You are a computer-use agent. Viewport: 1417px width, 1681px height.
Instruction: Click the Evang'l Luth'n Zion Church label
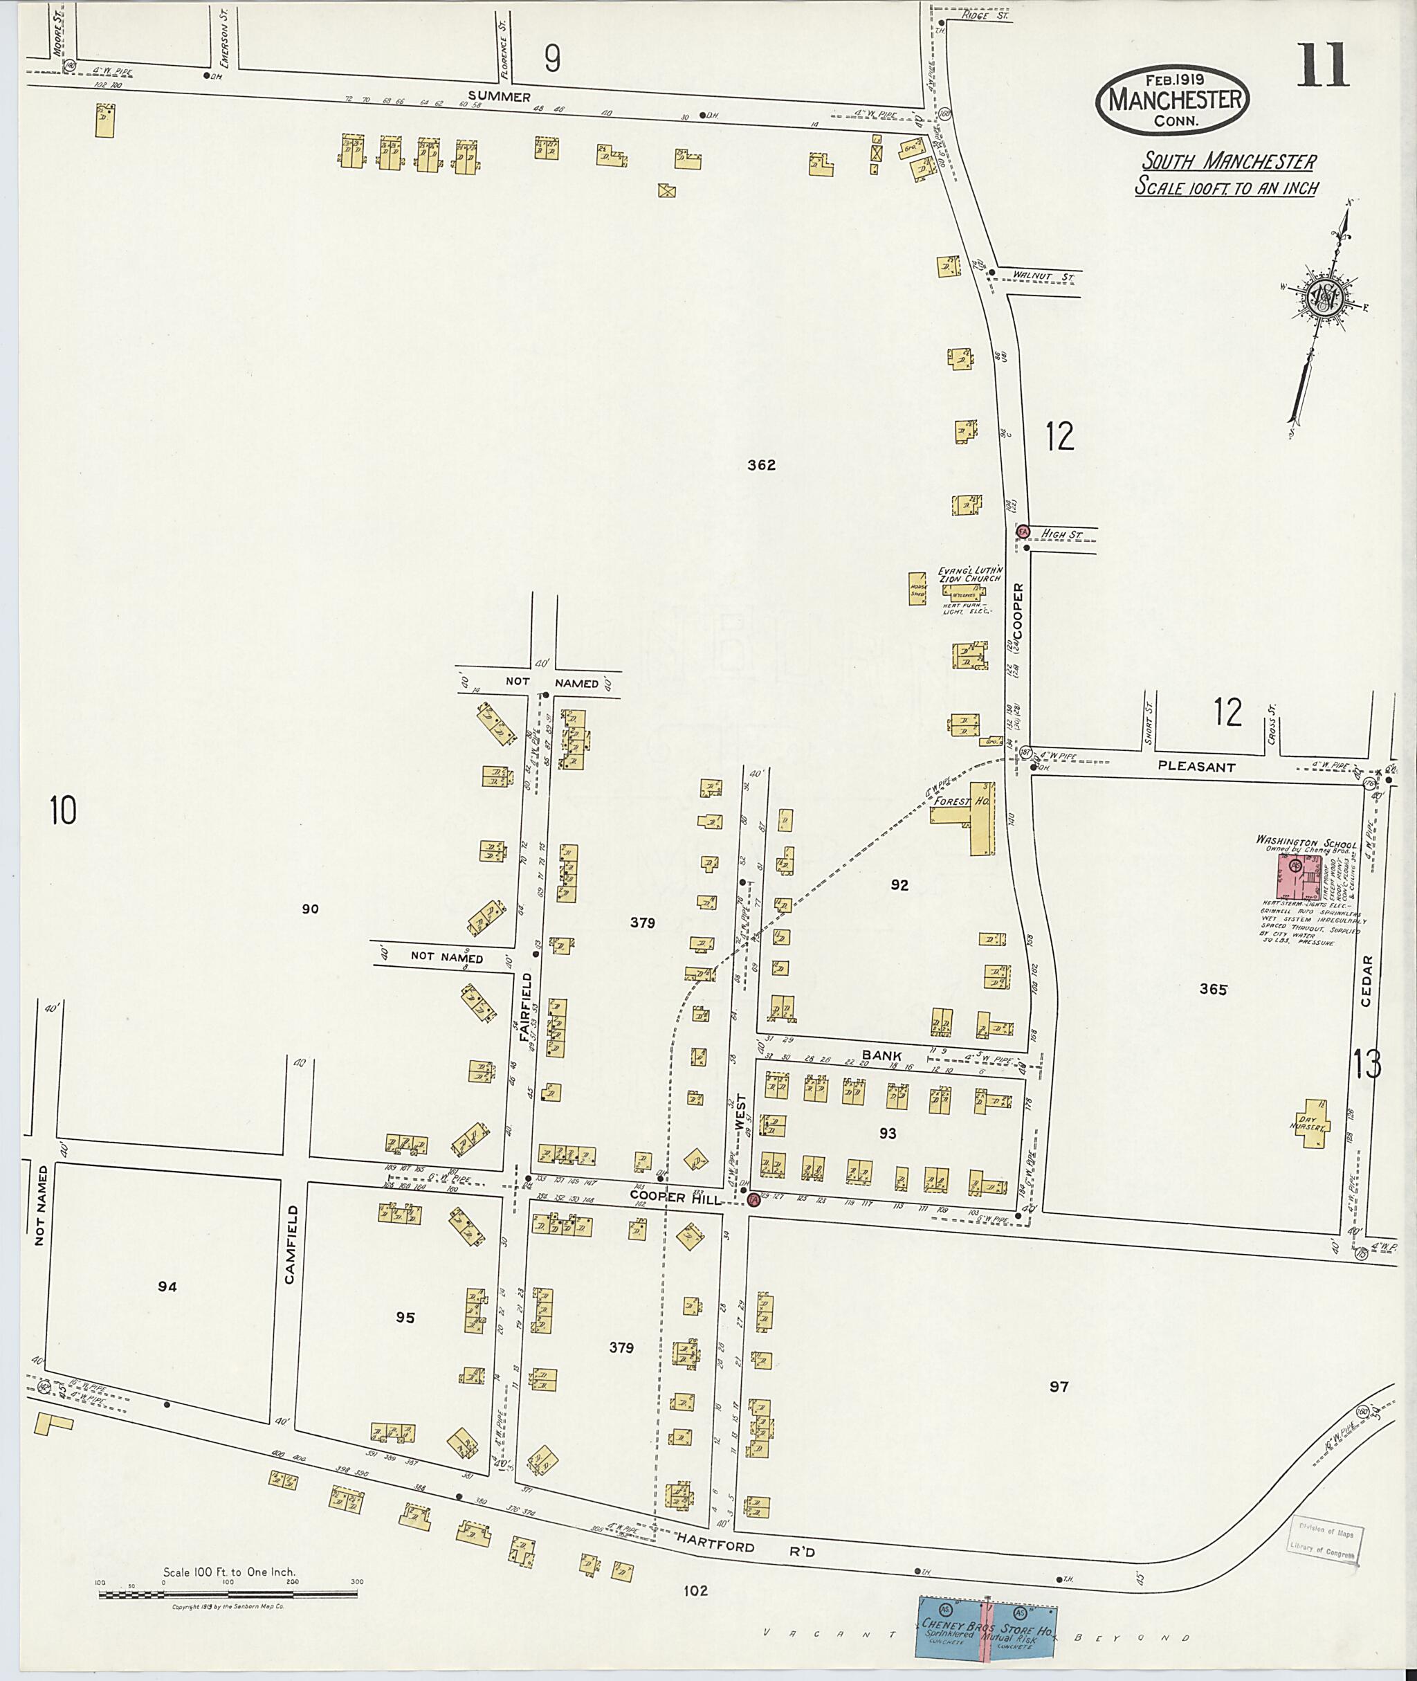point(969,575)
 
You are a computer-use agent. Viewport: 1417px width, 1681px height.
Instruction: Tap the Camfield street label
point(291,1245)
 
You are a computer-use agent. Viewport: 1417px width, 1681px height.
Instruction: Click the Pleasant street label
point(1196,767)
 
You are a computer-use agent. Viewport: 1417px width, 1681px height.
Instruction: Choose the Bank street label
point(882,1055)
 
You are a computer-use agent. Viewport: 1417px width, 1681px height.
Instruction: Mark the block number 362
point(760,464)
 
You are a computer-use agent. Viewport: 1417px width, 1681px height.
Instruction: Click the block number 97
point(1059,1386)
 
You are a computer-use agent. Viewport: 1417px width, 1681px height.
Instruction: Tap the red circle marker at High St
point(1023,532)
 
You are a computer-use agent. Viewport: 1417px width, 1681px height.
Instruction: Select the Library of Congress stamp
point(1322,1541)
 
